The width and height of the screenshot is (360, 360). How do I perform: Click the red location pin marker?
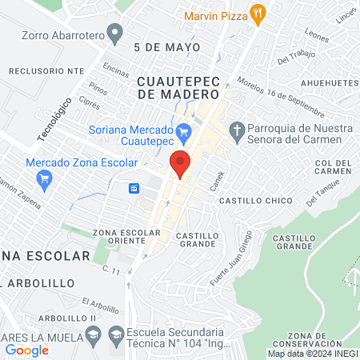pos(180,162)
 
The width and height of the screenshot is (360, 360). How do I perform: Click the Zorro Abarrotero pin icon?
pos(116,34)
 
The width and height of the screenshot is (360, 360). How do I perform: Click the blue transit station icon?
pos(135,189)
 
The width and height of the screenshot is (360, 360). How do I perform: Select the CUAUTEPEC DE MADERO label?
pos(179,88)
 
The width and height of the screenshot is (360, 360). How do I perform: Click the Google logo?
pos(26,350)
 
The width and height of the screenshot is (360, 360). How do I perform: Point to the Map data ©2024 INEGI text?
pos(312,354)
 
